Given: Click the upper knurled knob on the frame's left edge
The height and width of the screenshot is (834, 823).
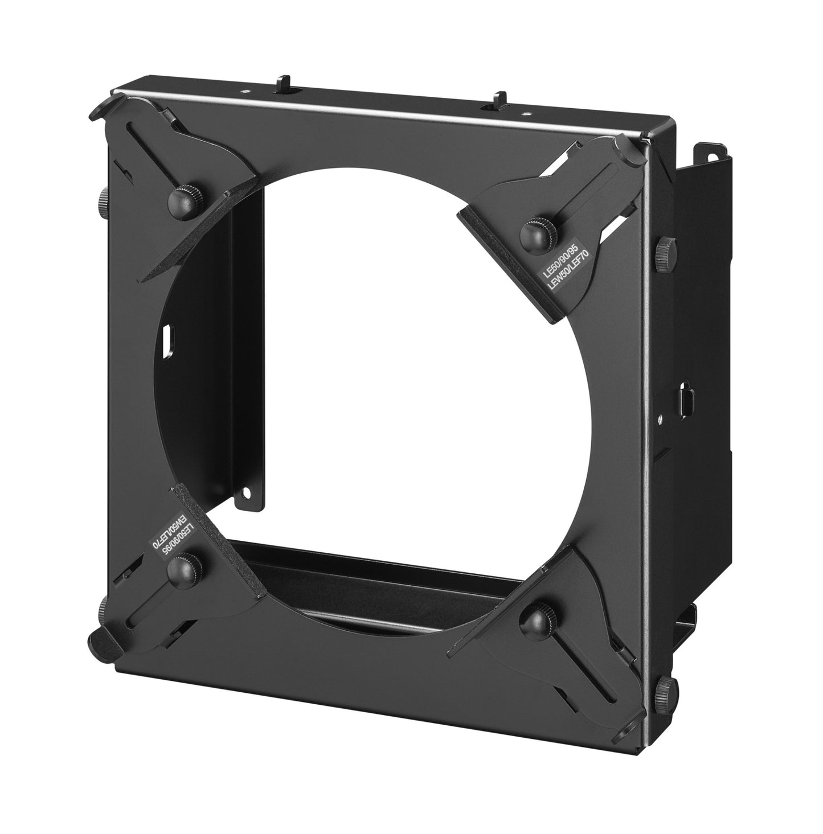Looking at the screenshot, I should (103, 200).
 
